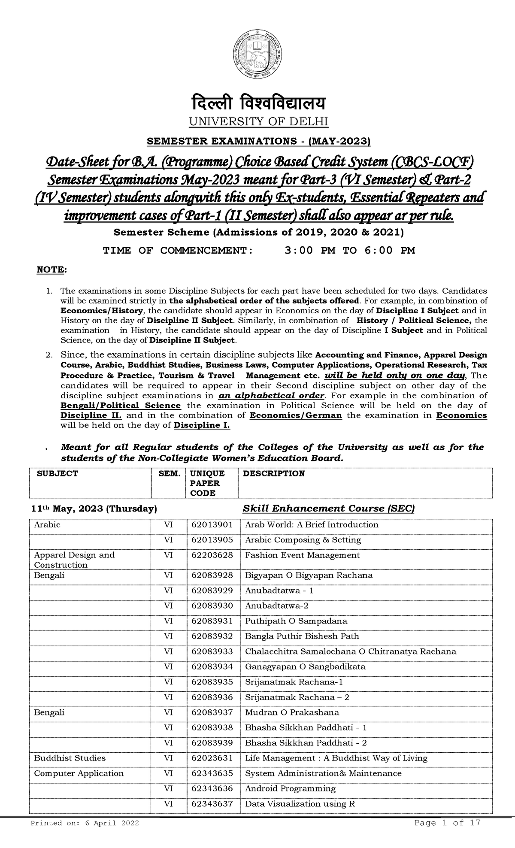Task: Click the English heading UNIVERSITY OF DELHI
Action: (x=259, y=122)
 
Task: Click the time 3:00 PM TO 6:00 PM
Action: (x=350, y=251)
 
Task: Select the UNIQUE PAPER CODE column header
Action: (x=208, y=483)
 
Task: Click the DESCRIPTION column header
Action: (x=273, y=473)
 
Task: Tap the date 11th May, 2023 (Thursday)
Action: (x=94, y=509)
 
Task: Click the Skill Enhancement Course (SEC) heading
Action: (x=329, y=509)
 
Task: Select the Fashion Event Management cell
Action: (x=302, y=555)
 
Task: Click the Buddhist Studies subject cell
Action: (x=70, y=758)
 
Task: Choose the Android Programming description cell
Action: (x=290, y=788)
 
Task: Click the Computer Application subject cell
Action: (x=79, y=773)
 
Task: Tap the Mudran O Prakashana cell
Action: (x=292, y=712)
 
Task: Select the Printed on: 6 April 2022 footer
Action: (x=84, y=823)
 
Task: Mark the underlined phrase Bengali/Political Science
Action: (x=121, y=406)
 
